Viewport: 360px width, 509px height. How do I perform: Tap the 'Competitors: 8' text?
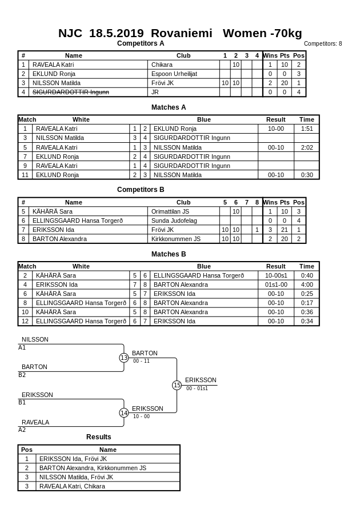point(323,43)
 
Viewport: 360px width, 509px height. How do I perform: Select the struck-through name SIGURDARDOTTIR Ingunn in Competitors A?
point(70,92)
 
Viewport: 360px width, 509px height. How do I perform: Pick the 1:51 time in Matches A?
point(307,129)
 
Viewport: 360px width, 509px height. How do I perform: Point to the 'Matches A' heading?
point(169,107)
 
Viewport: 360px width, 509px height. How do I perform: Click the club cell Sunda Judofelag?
point(174,221)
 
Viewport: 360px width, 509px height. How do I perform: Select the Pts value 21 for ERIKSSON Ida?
point(284,230)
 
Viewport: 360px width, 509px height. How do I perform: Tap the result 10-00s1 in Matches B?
point(276,275)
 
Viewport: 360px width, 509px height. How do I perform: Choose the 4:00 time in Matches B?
point(307,284)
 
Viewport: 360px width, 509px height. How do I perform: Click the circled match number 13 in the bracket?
point(124,358)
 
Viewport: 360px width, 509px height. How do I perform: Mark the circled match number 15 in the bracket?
point(177,386)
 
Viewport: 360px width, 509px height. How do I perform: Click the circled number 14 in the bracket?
point(124,412)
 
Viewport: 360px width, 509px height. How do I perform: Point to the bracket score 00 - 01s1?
point(197,388)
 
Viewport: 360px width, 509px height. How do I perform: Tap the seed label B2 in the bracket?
point(22,375)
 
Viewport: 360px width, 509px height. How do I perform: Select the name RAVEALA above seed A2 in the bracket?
point(35,422)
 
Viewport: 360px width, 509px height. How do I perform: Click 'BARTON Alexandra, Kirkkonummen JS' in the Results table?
point(93,468)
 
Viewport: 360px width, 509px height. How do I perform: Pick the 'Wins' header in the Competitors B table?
point(270,202)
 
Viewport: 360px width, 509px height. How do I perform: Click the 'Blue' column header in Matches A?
point(203,119)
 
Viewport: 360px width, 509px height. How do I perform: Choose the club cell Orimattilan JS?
point(170,211)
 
